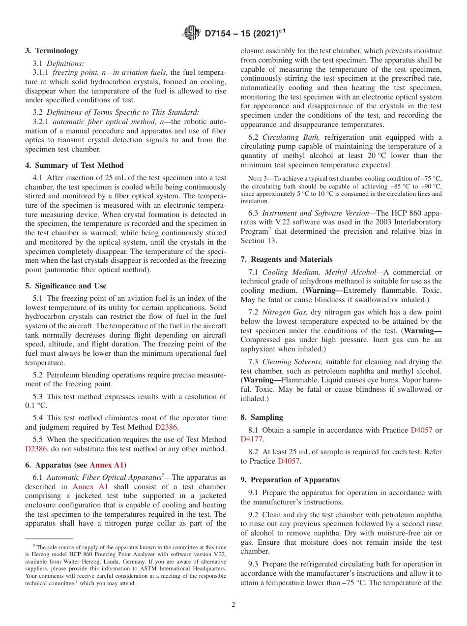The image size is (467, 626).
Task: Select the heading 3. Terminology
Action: pos(52,51)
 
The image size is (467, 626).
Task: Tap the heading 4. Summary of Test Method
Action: pos(74,165)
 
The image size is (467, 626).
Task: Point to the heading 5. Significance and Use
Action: pos(66,286)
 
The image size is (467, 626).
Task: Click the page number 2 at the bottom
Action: pos(233,605)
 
